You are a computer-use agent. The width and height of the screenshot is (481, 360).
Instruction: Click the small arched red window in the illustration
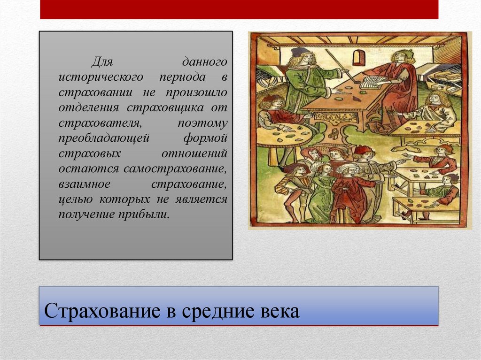point(358,57)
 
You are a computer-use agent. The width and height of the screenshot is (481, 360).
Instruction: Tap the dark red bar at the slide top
point(239,9)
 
